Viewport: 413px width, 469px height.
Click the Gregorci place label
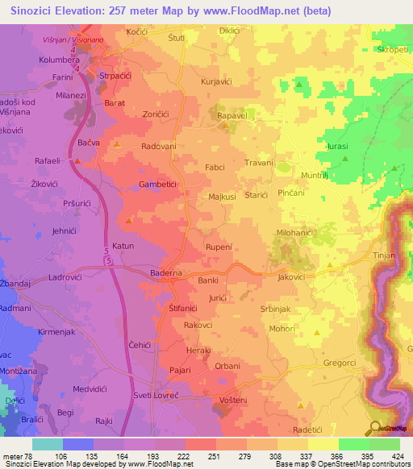(340, 363)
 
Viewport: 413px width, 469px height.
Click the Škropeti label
(390, 49)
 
